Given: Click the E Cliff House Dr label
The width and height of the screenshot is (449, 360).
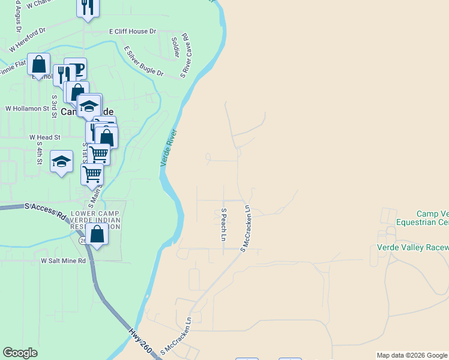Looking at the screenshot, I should coord(132,31).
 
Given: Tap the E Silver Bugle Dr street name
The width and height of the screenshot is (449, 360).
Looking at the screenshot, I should coord(143,61).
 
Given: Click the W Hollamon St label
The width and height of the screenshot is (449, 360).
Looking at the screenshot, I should coord(27,109).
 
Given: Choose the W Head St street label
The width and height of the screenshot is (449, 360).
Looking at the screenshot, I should coord(45,137).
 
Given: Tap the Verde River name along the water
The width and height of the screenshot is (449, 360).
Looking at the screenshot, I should coord(169,148).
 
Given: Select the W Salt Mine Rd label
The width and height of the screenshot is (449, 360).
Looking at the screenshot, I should coord(63,261).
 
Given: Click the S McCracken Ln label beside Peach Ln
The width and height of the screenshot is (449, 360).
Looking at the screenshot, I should coord(246,228).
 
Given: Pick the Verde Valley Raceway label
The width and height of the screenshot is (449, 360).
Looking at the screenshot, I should coord(412,247).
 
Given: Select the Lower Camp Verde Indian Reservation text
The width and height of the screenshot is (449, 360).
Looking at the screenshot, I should coord(96,220).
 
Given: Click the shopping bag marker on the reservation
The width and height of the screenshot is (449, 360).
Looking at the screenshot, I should coord(97,235).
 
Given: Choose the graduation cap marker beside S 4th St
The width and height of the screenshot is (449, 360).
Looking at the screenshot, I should coord(61,162).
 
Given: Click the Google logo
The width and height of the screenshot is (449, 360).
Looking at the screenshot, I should coord(20,353).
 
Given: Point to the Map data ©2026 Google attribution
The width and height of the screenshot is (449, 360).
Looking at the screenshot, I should coord(412,355).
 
